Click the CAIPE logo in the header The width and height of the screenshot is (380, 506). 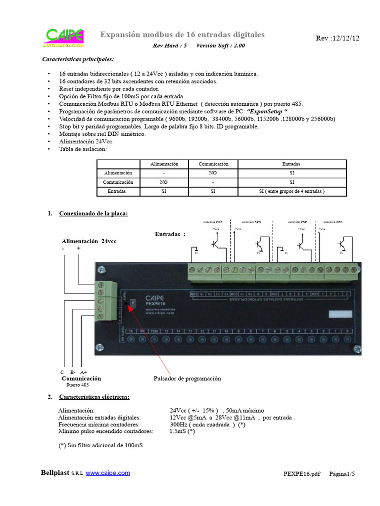(64, 38)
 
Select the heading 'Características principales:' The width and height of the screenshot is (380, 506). (78, 60)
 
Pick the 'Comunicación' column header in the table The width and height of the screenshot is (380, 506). (213, 164)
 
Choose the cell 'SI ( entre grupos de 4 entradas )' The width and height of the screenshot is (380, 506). (292, 191)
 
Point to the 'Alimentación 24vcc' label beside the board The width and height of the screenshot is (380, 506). (89, 241)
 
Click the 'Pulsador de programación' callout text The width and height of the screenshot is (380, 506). (187, 379)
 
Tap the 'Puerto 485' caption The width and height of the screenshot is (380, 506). (78, 384)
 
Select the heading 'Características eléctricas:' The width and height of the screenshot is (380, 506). (94, 397)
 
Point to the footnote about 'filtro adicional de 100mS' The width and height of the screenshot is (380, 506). (100, 445)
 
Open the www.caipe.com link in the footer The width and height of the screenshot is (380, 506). (108, 473)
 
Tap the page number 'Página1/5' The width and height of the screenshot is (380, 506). (342, 474)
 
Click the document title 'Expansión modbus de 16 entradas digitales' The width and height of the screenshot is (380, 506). (183, 35)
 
